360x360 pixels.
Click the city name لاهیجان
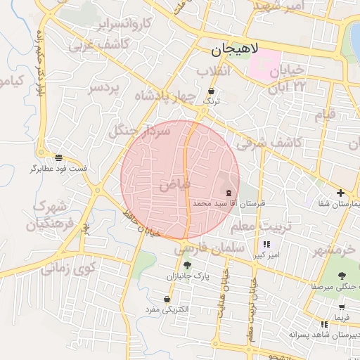point(235,51)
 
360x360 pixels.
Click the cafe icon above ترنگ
point(212,91)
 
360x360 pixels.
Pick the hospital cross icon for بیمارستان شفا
point(340,193)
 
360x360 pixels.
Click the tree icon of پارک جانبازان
point(187,265)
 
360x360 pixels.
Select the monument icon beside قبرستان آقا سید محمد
point(229,193)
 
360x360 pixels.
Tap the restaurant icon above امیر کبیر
point(266,244)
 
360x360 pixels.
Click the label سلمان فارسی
point(209,249)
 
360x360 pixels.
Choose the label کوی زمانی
point(67,267)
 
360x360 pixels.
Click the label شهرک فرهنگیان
point(49,216)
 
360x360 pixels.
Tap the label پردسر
point(105,89)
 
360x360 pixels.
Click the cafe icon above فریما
point(341,307)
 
